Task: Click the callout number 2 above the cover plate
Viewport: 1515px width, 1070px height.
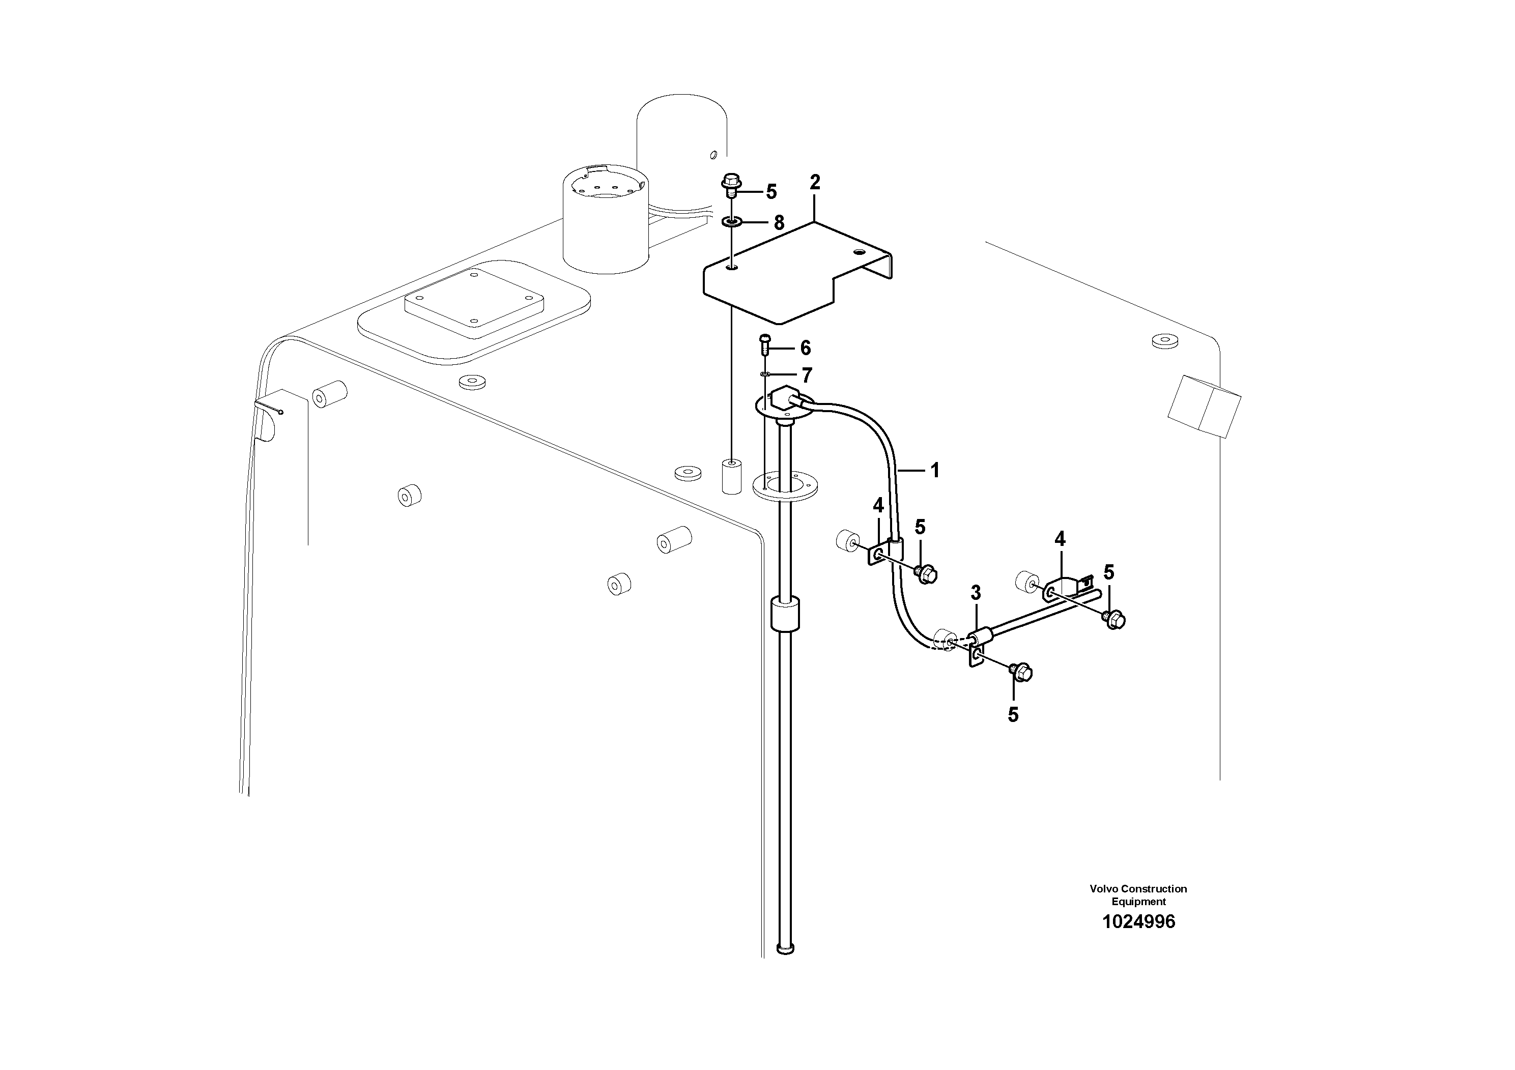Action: [x=815, y=182]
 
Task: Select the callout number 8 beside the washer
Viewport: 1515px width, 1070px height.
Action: [x=779, y=223]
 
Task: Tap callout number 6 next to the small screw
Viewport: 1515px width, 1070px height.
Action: [x=805, y=348]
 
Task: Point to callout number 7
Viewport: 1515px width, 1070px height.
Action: [x=806, y=375]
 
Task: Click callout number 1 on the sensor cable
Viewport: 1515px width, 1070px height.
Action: [x=934, y=470]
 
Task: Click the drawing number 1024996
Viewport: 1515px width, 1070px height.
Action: [x=1138, y=921]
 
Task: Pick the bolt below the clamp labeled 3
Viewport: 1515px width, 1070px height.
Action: [x=1021, y=672]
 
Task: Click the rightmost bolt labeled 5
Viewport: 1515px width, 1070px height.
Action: [x=1114, y=619]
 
